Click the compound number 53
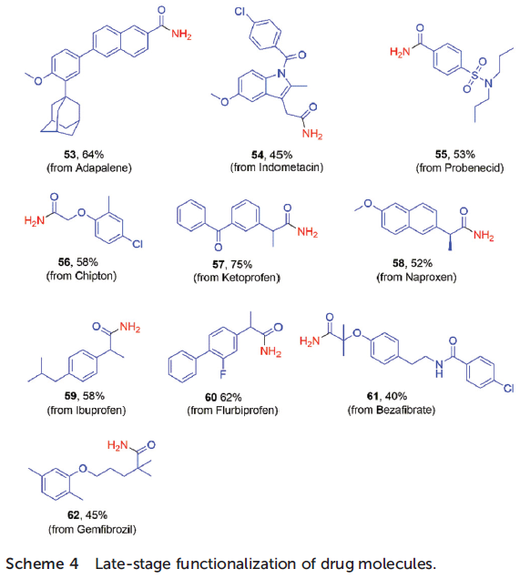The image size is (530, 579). (x=69, y=155)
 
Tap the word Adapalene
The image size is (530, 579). (x=102, y=168)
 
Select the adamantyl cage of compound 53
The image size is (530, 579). (x=60, y=115)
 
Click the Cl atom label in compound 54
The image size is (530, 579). (x=240, y=12)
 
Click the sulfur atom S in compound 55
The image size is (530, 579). (x=474, y=76)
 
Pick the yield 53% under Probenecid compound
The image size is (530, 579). (x=464, y=155)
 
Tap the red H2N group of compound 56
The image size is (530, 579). (x=34, y=221)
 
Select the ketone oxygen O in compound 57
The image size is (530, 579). (x=219, y=247)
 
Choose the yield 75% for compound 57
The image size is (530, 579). (x=241, y=264)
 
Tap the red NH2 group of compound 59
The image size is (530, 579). (x=130, y=327)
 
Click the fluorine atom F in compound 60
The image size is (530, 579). (x=223, y=374)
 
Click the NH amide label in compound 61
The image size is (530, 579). (x=439, y=369)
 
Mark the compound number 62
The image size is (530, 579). (x=73, y=515)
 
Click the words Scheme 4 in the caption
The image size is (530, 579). (x=42, y=564)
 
